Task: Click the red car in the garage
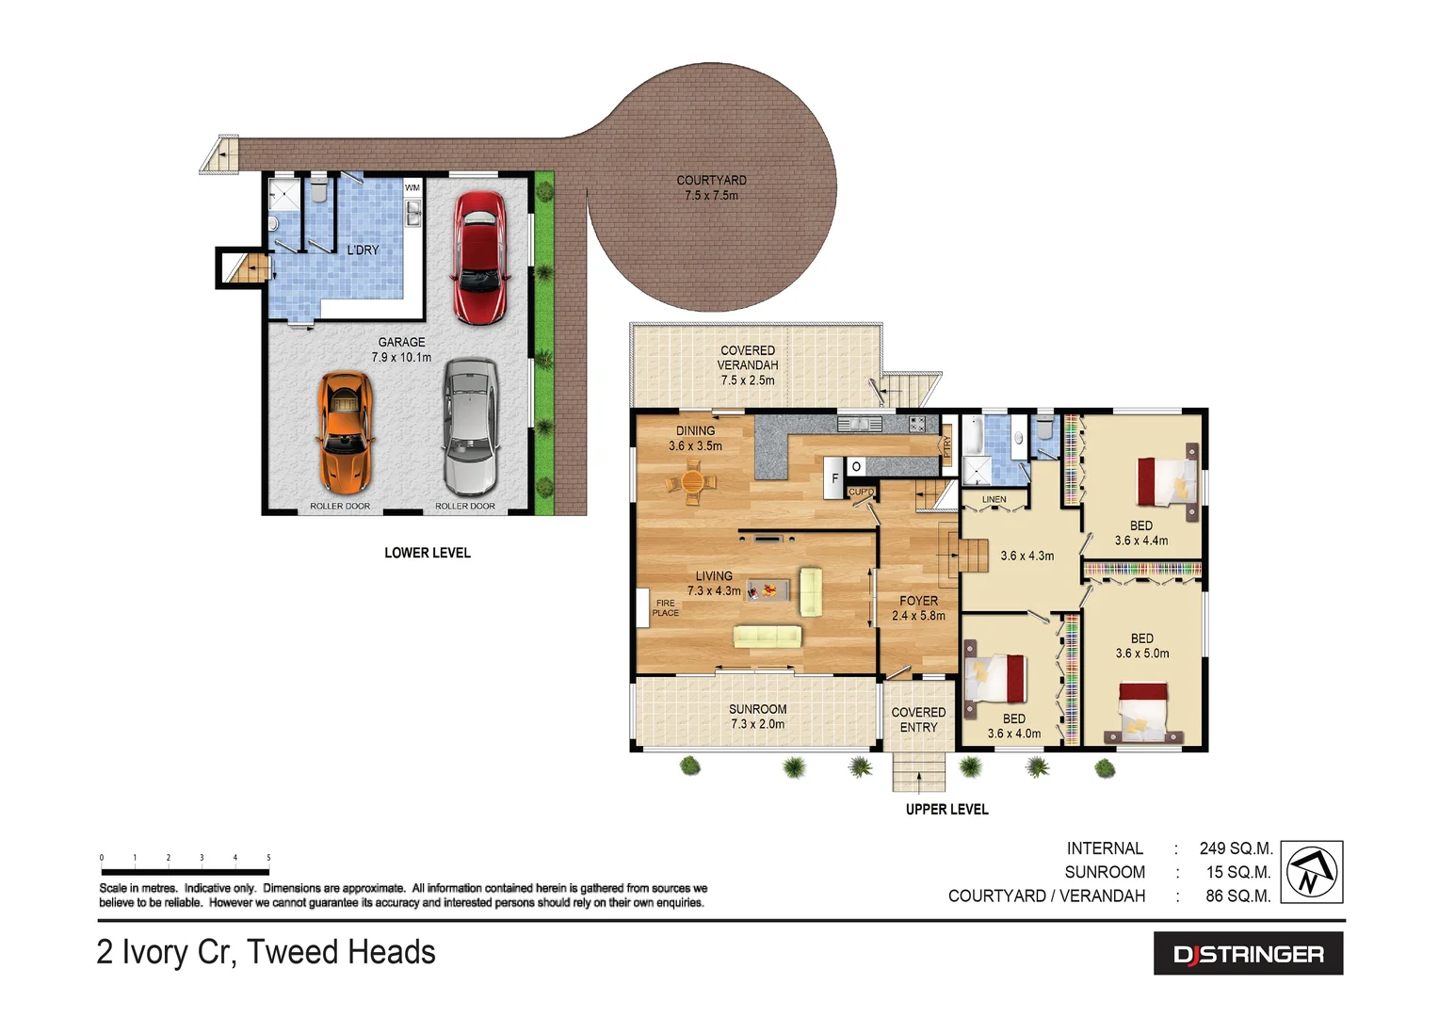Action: [x=479, y=258]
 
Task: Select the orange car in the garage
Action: [x=345, y=432]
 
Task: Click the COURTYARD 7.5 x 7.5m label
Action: [x=711, y=187]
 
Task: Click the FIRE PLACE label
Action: [x=665, y=608]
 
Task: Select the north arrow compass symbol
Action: [x=1312, y=872]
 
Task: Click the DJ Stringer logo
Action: [x=1248, y=954]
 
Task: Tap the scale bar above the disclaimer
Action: [x=185, y=872]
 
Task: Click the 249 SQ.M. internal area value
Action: [x=1236, y=848]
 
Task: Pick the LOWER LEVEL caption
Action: [x=427, y=553]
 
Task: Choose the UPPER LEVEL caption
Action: [x=946, y=809]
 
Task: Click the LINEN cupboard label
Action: [x=994, y=499]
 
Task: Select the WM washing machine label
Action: [x=412, y=188]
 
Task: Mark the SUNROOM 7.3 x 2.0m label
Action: [x=757, y=717]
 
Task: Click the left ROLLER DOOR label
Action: [x=340, y=507]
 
